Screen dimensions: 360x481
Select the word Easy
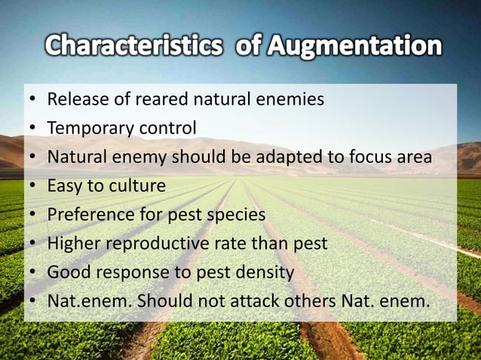(65, 186)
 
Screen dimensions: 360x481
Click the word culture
(136, 186)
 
